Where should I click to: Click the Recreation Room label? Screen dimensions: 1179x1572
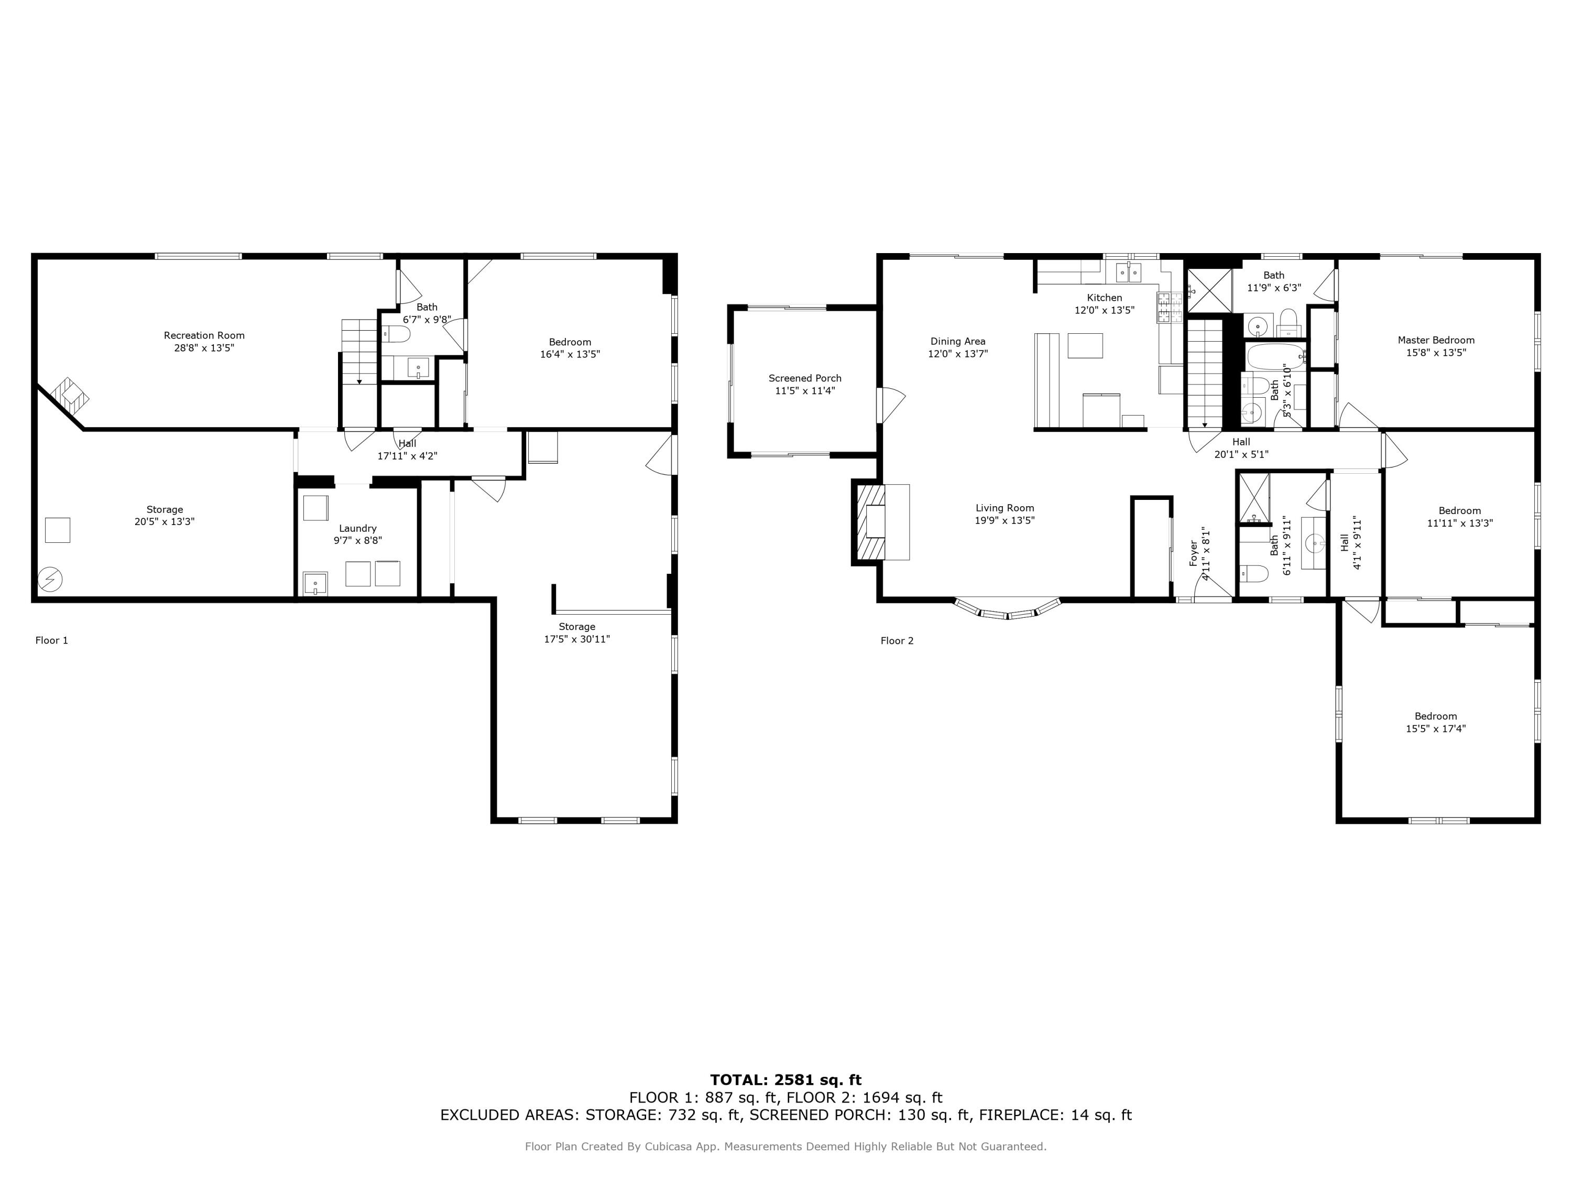204,335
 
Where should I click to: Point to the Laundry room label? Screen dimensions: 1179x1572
357,528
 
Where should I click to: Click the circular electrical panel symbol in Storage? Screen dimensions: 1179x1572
50,579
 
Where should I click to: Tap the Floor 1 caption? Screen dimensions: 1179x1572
52,640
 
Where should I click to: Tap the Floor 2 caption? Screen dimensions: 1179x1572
897,641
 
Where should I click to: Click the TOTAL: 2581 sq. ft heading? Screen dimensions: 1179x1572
785,1080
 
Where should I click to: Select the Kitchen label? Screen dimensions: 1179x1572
1104,298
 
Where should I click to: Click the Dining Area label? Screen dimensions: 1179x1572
957,341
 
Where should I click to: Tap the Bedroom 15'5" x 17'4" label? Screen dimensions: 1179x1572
1436,716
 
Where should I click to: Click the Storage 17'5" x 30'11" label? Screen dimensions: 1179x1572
576,627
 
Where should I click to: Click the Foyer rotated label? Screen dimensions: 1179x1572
1194,553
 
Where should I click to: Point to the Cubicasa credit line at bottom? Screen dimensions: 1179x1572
785,1147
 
